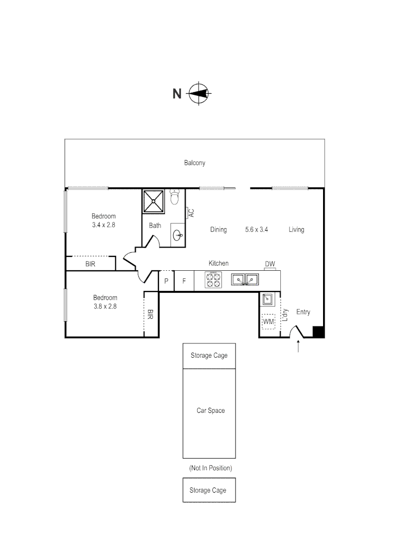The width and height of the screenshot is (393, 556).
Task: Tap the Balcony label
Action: [x=194, y=163]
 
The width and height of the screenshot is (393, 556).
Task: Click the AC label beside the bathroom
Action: [x=191, y=213]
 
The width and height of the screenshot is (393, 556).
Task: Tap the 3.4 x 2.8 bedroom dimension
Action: [x=104, y=225]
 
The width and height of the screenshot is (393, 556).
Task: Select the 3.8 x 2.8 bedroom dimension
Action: [x=105, y=306]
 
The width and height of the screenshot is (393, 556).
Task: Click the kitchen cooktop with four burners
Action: [x=213, y=280]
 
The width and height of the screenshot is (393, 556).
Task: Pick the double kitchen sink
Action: [x=244, y=280]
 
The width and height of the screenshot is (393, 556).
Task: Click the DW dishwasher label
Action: [x=270, y=265]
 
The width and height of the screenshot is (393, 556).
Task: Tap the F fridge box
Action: [x=184, y=282]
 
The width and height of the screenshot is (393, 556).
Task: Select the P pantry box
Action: [x=166, y=282]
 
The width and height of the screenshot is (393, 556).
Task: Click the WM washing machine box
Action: [x=269, y=322]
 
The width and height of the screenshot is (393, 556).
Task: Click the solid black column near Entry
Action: [x=319, y=332]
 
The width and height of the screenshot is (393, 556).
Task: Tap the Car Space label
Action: [x=210, y=411]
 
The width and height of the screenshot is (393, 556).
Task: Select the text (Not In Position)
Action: [x=210, y=468]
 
